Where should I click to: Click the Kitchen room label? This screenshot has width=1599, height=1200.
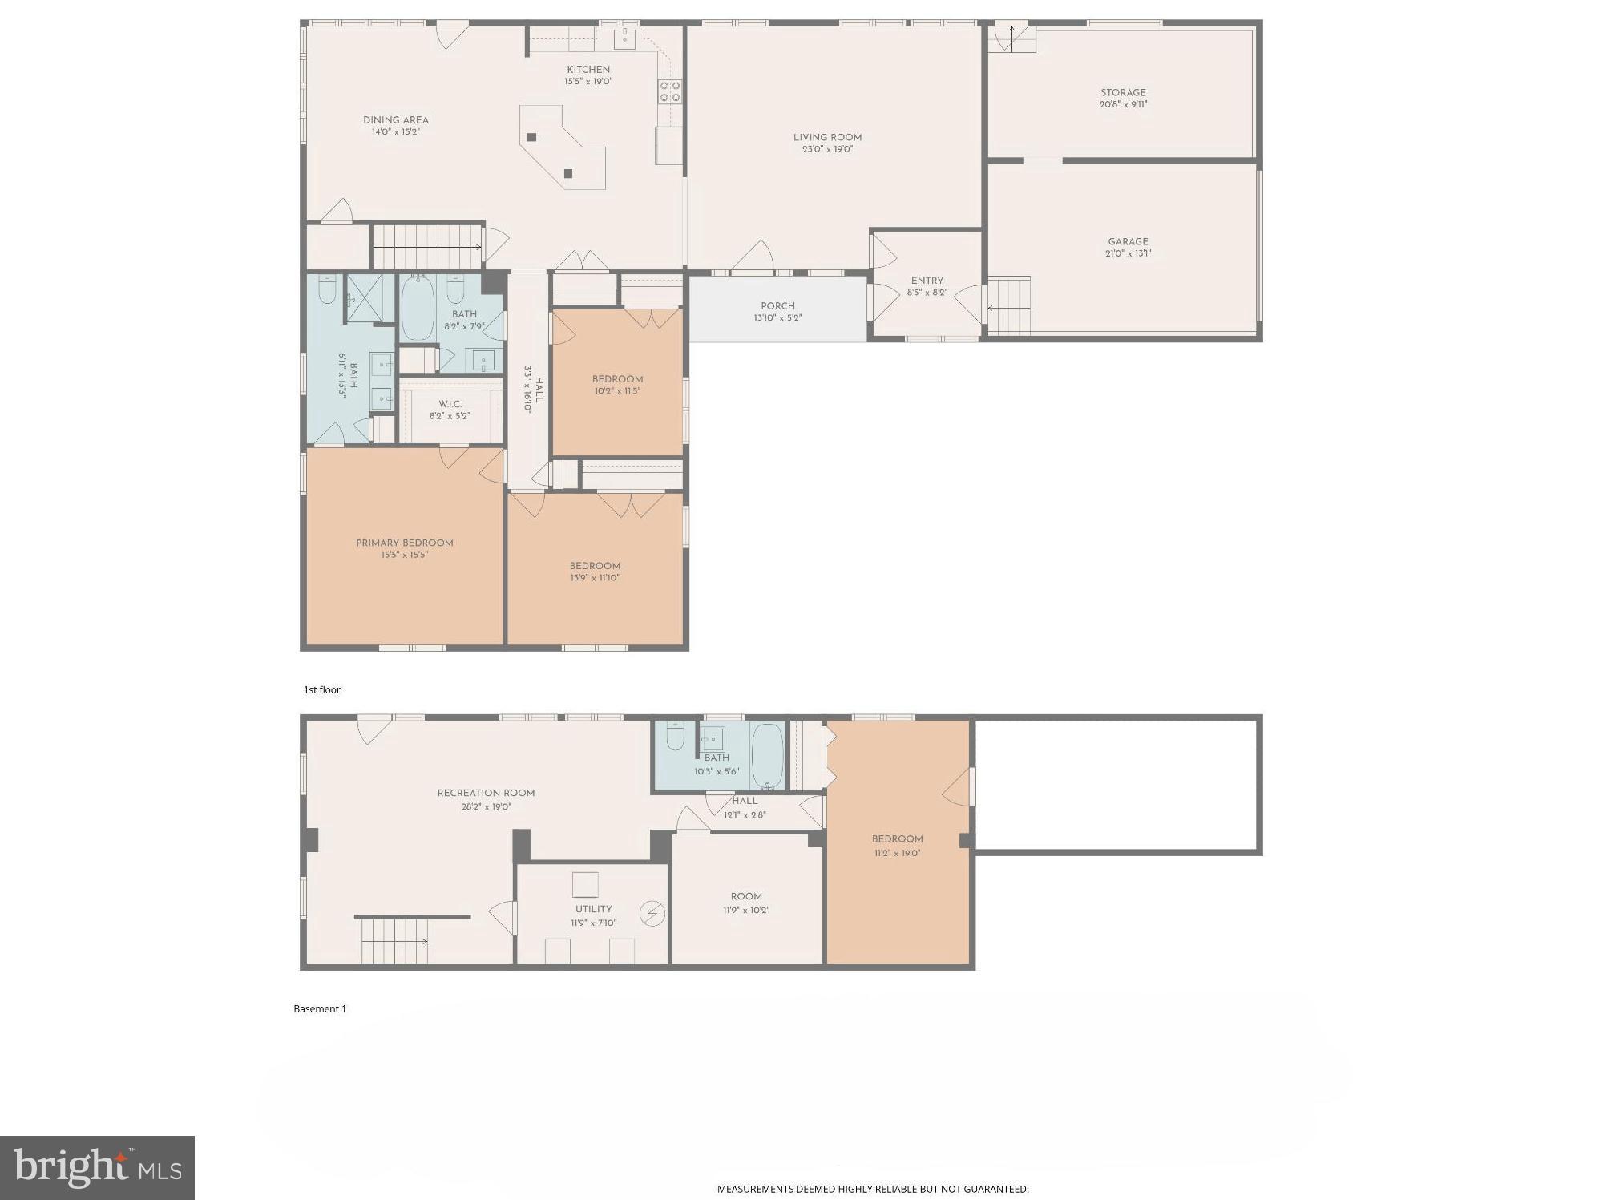(588, 70)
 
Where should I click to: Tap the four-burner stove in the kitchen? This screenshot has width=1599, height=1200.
(670, 91)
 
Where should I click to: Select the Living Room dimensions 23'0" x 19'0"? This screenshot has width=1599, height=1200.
(827, 149)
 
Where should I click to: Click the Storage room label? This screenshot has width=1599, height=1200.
(1123, 92)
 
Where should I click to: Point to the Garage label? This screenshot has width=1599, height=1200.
(1128, 241)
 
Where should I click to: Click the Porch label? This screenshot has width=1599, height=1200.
(777, 305)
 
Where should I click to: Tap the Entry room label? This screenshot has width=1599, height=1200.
(927, 281)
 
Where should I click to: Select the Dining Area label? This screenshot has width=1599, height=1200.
(395, 120)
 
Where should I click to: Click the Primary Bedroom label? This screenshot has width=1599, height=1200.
(405, 543)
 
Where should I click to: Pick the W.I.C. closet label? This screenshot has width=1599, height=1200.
(450, 404)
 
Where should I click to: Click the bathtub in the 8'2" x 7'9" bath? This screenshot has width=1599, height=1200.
(417, 309)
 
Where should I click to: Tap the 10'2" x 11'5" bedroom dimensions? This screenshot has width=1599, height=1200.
(617, 391)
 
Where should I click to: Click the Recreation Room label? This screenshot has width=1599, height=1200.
(486, 793)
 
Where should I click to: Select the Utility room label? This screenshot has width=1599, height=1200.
(593, 909)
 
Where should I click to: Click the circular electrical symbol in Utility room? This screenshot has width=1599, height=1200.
(652, 914)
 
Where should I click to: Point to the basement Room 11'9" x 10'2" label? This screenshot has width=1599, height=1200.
(746, 896)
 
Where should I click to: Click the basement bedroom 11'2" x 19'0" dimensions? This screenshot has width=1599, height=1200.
(897, 853)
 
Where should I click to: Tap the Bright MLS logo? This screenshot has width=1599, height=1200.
(97, 1167)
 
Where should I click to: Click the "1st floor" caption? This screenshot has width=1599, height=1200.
(321, 689)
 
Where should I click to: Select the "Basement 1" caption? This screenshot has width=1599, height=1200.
(320, 1008)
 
